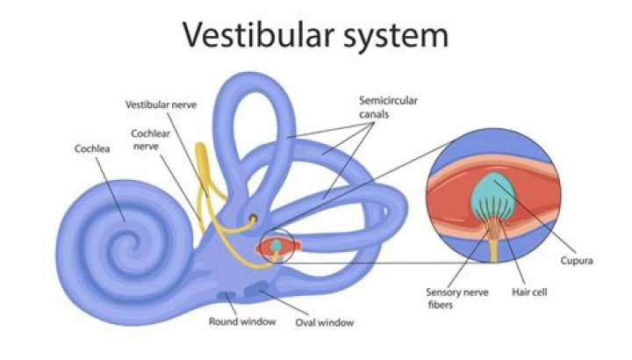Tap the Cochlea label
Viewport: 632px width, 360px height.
click(91, 148)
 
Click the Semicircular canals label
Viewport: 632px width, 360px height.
click(387, 106)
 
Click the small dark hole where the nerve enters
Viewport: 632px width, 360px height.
click(253, 216)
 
